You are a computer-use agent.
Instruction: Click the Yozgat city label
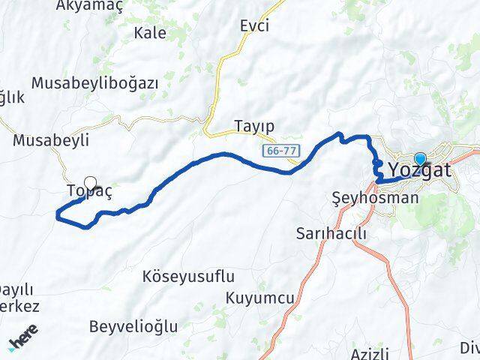[420, 171]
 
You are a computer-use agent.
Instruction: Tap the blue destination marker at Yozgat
[420, 159]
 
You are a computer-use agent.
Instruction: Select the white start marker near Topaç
[91, 182]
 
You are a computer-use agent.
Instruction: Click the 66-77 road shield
[282, 151]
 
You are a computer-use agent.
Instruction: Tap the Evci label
[254, 25]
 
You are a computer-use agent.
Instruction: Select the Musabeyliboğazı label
[94, 83]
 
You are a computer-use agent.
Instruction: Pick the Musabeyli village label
[52, 139]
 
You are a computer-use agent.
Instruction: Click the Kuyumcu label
[259, 298]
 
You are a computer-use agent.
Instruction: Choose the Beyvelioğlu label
[133, 326]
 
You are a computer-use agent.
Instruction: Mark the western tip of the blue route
[58, 216]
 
